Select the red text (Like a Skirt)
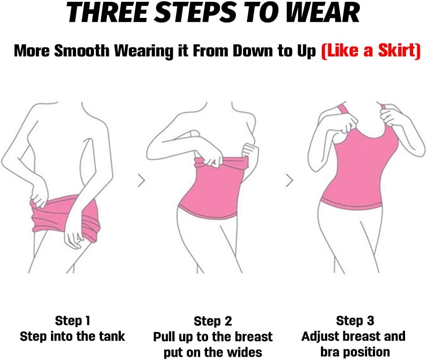pyautogui.click(x=371, y=51)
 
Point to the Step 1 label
pyautogui.click(x=73, y=321)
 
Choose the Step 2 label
pyautogui.click(x=213, y=321)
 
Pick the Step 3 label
pyautogui.click(x=355, y=321)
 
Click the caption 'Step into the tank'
pyautogui.click(x=73, y=336)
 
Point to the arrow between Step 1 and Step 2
pyautogui.click(x=141, y=181)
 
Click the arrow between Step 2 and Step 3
pyautogui.click(x=289, y=181)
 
